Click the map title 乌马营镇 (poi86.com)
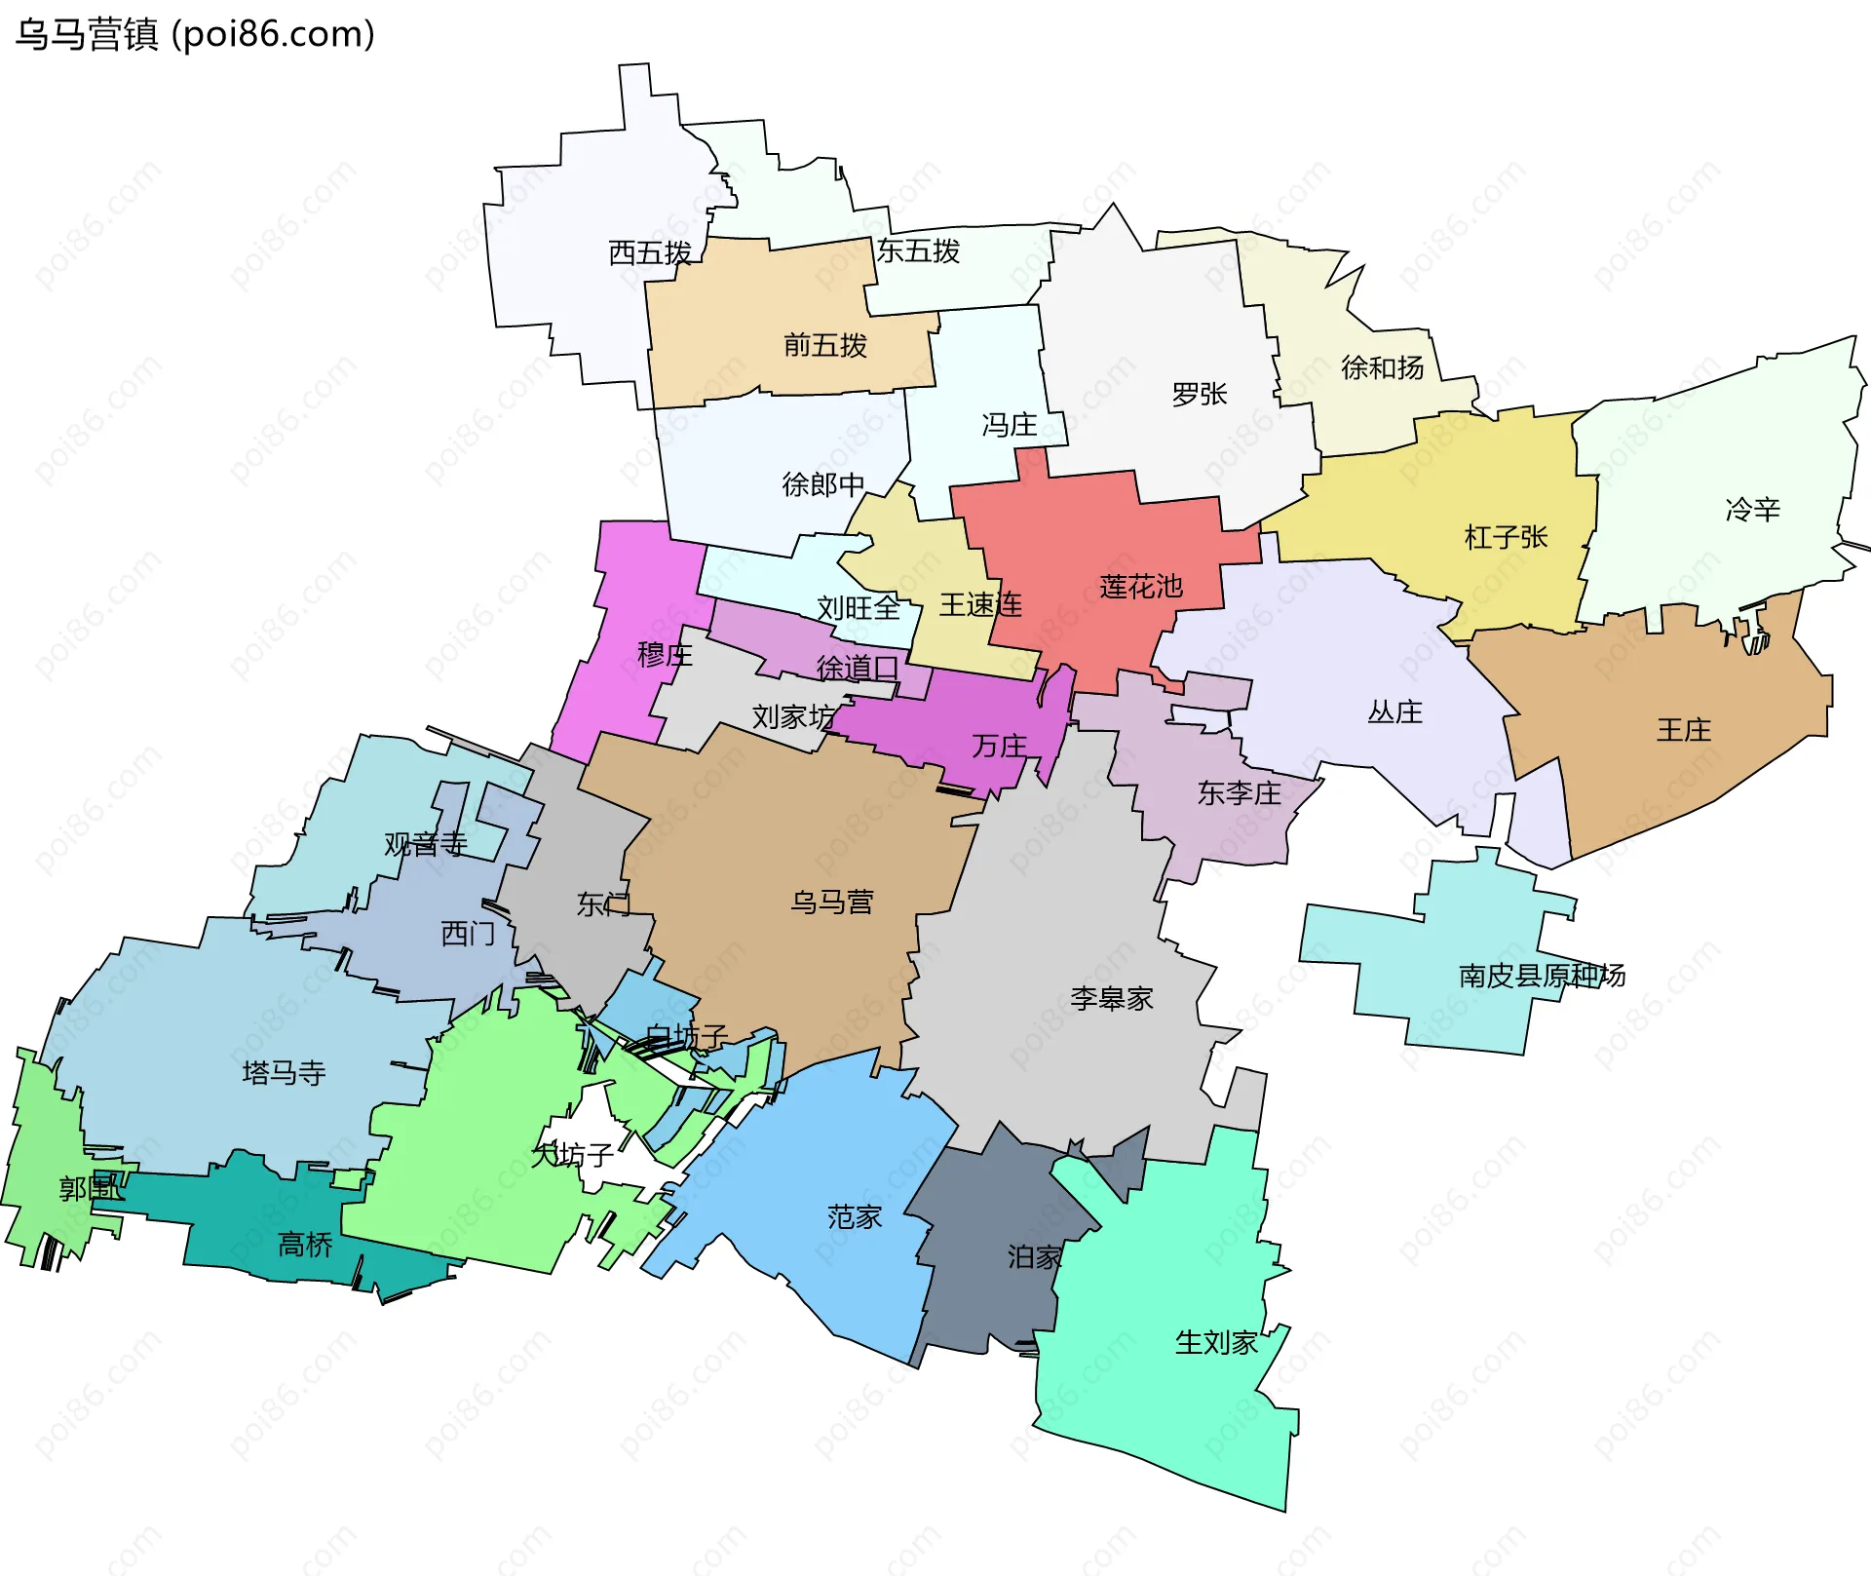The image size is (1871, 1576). coord(195,35)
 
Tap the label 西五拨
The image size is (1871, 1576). coord(650,253)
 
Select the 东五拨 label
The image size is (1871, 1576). coord(918,251)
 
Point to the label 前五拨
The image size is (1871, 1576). coord(824,345)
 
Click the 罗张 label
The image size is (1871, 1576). coord(1199,395)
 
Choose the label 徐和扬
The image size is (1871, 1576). coord(1382,367)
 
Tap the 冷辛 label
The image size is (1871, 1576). coord(1752,509)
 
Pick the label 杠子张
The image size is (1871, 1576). coord(1506,537)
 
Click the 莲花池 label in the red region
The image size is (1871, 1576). coord(1141,587)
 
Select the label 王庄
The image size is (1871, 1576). coord(1683,730)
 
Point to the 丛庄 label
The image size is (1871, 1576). coord(1394,712)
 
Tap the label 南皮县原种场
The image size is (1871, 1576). coord(1542,976)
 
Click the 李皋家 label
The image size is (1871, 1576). coord(1111,998)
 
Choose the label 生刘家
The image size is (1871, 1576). coord(1216,1343)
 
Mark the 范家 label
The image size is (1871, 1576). coord(855,1216)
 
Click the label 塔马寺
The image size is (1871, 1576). coord(284,1073)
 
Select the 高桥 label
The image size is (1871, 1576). coord(305,1245)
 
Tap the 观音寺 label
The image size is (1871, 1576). coord(425,844)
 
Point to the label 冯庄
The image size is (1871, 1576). coord(1009,425)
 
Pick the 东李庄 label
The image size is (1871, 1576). coord(1239,793)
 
